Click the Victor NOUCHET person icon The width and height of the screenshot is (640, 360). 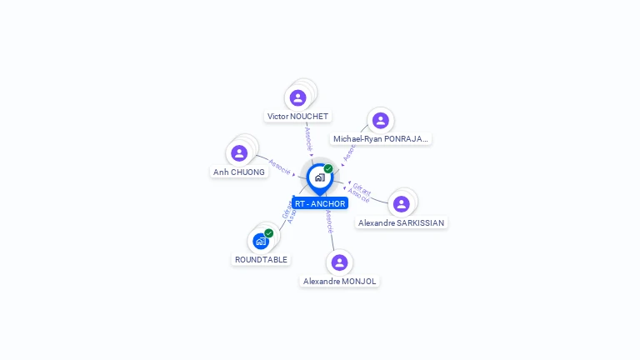(x=297, y=97)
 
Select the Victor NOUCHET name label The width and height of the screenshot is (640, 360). (x=297, y=117)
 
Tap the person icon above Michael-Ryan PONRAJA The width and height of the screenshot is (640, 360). (x=380, y=120)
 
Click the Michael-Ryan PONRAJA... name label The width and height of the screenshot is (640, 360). (x=381, y=139)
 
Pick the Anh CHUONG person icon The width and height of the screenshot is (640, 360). (x=239, y=153)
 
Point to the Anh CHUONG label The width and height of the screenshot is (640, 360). (x=239, y=172)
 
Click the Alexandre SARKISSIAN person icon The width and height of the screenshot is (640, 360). (x=401, y=204)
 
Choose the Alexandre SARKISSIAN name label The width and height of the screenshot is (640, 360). (x=402, y=223)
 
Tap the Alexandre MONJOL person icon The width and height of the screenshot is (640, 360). (x=339, y=262)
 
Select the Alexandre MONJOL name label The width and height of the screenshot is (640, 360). (x=340, y=282)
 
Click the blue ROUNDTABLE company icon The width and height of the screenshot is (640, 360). (x=261, y=241)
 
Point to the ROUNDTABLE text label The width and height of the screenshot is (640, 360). (x=261, y=260)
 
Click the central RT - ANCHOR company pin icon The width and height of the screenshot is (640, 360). (x=319, y=177)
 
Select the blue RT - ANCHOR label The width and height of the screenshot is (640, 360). (x=320, y=203)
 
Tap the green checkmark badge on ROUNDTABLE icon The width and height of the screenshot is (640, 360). (x=269, y=233)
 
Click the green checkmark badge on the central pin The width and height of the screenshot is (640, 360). (x=328, y=169)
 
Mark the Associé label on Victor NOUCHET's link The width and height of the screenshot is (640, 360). (x=307, y=137)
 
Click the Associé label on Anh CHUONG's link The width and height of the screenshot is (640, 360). (x=279, y=167)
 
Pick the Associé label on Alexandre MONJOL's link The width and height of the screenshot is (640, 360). (x=330, y=220)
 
